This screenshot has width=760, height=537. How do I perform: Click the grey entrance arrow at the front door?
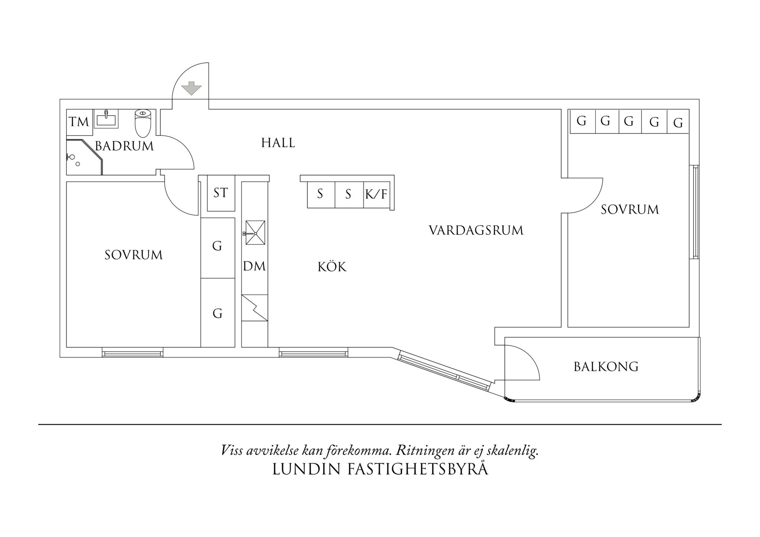click(191, 88)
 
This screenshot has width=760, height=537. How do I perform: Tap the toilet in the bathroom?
click(143, 122)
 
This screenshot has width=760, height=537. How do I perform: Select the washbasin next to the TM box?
click(106, 119)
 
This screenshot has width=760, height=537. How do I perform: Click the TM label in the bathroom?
click(79, 122)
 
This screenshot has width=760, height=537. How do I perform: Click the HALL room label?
click(278, 143)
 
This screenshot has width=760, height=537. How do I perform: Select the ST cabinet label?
click(221, 193)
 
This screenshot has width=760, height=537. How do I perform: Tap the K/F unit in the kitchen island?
click(376, 194)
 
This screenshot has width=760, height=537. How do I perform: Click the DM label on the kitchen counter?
click(254, 266)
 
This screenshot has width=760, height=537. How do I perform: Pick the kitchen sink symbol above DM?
click(255, 233)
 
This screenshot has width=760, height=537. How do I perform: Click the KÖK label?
click(332, 267)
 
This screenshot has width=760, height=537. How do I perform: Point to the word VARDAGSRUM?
click(476, 230)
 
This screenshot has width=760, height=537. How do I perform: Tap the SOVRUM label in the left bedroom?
click(133, 255)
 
